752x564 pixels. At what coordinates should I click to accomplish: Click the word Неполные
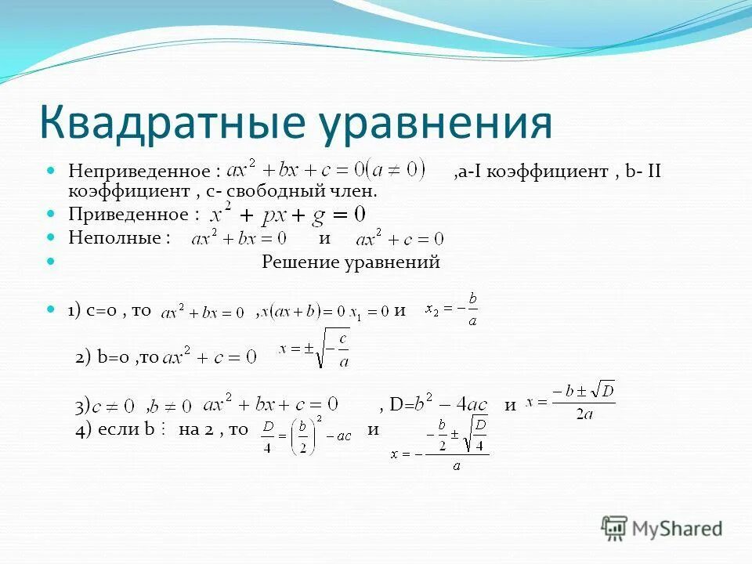coord(120,237)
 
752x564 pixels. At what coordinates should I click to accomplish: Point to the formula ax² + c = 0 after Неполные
coord(399,238)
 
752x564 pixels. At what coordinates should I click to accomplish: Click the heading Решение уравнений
coord(350,262)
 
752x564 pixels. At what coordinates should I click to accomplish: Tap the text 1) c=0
coord(92,310)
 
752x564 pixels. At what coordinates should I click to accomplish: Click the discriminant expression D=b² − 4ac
coord(439,405)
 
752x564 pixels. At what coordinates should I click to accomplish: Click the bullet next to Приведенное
coord(52,213)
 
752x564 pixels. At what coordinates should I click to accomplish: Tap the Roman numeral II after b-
coord(653,170)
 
